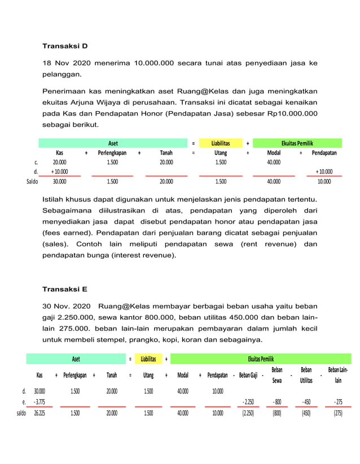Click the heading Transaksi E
click(65, 289)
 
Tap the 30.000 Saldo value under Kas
click(59, 182)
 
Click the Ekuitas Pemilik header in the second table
click(261, 359)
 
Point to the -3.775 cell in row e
click(39, 402)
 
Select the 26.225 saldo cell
click(39, 413)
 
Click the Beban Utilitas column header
click(306, 375)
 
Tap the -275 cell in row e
click(338, 402)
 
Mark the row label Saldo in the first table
click(32, 182)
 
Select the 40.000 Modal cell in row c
click(274, 162)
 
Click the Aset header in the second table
click(76, 359)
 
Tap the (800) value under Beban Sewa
click(278, 413)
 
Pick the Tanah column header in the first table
click(166, 152)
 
